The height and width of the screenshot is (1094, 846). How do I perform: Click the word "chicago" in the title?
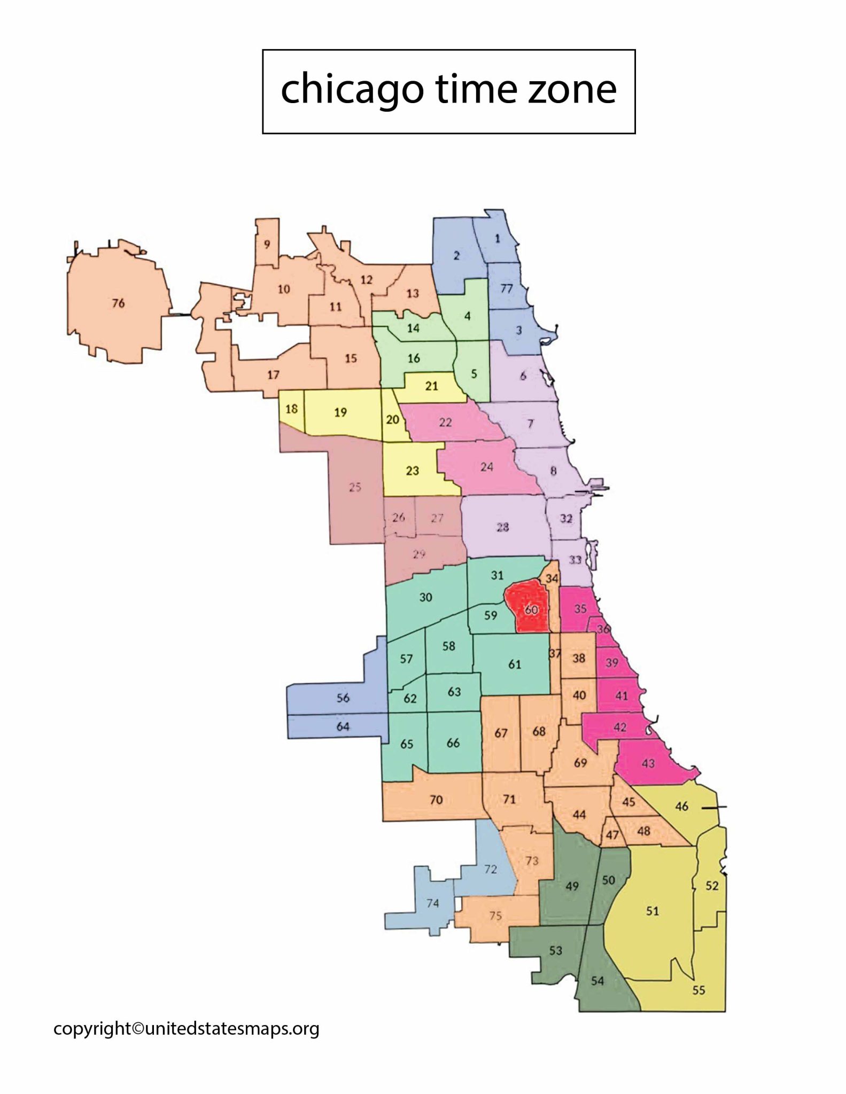352,89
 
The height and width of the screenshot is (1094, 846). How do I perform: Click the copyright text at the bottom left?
186,1028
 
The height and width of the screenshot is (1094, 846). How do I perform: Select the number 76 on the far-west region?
118,303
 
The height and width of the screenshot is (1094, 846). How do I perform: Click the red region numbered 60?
531,609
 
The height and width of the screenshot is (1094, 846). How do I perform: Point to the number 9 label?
267,244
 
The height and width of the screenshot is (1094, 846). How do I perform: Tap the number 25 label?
355,487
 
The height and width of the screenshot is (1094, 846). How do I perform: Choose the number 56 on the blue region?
343,698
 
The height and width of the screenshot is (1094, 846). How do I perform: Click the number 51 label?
653,910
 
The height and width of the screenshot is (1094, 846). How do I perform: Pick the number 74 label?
432,903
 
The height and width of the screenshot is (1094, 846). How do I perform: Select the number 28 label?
502,527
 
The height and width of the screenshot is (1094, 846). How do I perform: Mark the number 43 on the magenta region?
648,763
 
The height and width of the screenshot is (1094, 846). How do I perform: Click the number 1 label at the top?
498,238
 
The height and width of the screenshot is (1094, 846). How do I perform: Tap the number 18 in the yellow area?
291,409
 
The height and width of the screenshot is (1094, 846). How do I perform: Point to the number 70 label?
436,800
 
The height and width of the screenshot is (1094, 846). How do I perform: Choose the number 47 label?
612,835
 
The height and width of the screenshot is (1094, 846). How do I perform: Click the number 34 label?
552,579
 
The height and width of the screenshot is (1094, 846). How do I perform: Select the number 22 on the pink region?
445,423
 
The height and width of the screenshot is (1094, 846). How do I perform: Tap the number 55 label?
698,990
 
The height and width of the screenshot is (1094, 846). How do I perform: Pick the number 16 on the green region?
414,358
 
